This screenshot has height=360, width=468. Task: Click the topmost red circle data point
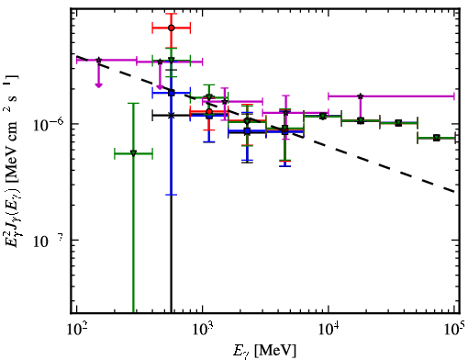[172, 28]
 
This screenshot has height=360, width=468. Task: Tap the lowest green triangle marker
[133, 153]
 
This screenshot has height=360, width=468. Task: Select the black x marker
[172, 116]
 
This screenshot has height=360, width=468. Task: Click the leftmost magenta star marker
[99, 60]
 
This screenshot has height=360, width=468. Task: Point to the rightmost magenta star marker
[361, 96]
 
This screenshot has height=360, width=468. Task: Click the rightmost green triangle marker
[437, 138]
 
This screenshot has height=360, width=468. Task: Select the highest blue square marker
[172, 93]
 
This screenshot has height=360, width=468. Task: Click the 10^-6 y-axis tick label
[48, 123]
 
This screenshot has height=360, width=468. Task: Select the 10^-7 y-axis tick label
[48, 241]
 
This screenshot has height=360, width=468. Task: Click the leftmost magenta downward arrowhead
[98, 85]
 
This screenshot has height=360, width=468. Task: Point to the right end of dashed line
[454, 192]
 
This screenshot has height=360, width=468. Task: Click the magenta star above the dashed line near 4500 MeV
[285, 112]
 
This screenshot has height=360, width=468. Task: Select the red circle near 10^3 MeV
[209, 111]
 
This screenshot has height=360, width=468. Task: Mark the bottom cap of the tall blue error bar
[172, 195]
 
